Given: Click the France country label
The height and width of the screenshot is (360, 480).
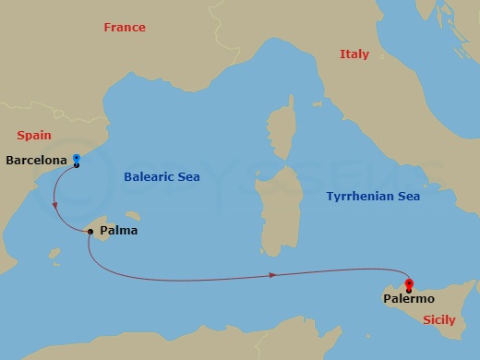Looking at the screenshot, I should [124, 28].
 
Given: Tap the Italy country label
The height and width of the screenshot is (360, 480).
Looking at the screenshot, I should [354, 54].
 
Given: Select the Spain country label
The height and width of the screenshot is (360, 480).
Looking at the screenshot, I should [33, 135].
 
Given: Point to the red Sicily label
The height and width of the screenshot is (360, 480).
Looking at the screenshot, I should [438, 320].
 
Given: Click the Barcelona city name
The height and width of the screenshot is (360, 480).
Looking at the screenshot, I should [35, 161].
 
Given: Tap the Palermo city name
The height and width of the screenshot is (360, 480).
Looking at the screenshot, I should [409, 299].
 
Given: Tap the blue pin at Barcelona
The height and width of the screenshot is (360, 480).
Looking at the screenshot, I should [76, 159].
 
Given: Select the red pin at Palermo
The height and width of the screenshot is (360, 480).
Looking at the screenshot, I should [409, 284].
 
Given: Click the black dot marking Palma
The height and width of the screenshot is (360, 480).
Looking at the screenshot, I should [90, 231].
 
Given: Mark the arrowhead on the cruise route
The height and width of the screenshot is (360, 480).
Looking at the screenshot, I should [273, 274].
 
